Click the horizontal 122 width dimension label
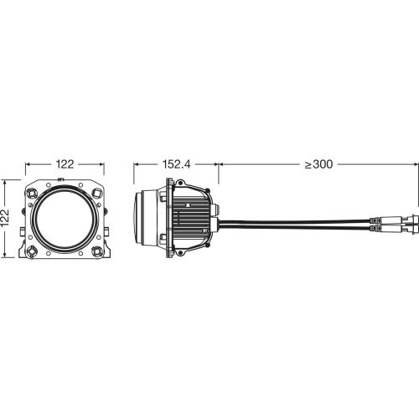[x=64, y=165]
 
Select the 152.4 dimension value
[x=176, y=165]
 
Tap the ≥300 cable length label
[x=319, y=165]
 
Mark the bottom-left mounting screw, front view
[x=31, y=250]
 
